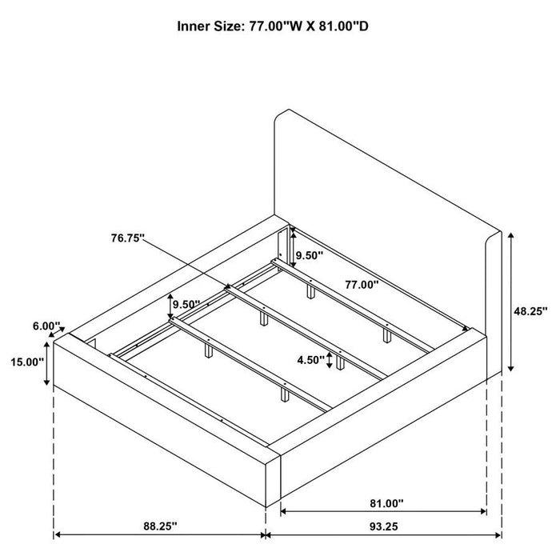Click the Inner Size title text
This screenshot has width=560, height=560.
(272, 26)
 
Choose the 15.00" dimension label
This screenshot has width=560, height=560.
(27, 362)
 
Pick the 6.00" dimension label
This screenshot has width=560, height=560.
(46, 326)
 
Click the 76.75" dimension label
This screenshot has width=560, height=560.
(128, 237)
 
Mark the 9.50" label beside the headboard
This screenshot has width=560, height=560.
(309, 256)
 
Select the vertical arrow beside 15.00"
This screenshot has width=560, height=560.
(47, 362)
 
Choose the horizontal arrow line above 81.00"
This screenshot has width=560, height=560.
(384, 488)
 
